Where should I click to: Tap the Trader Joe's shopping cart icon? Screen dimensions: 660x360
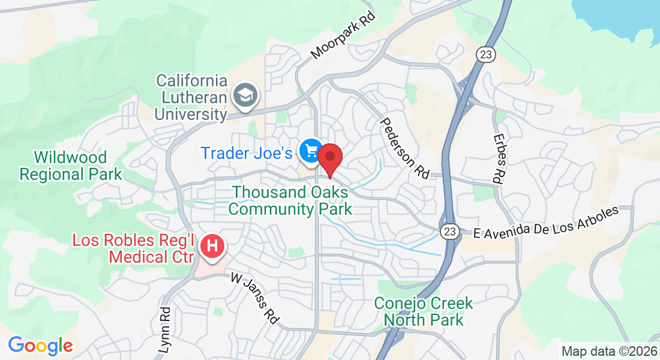pyautogui.click(x=311, y=151)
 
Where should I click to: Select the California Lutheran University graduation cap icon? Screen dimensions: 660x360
pyautogui.click(x=245, y=96)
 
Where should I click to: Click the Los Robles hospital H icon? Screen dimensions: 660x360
pyautogui.click(x=212, y=246)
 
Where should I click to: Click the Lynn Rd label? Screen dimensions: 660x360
pyautogui.click(x=166, y=330)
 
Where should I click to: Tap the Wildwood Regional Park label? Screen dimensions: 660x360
pyautogui.click(x=71, y=166)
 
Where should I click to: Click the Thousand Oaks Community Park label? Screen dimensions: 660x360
pyautogui.click(x=290, y=200)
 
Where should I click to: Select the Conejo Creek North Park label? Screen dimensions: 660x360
pyautogui.click(x=424, y=311)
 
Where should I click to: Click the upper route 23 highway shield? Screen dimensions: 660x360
pyautogui.click(x=485, y=54)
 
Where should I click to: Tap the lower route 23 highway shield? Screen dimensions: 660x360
pyautogui.click(x=449, y=232)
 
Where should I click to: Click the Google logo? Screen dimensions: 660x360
pyautogui.click(x=40, y=346)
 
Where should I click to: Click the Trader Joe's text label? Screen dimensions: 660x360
pyautogui.click(x=247, y=153)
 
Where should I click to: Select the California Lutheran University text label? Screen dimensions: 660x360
pyautogui.click(x=191, y=97)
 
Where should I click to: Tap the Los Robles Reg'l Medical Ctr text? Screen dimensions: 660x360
pyautogui.click(x=133, y=249)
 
